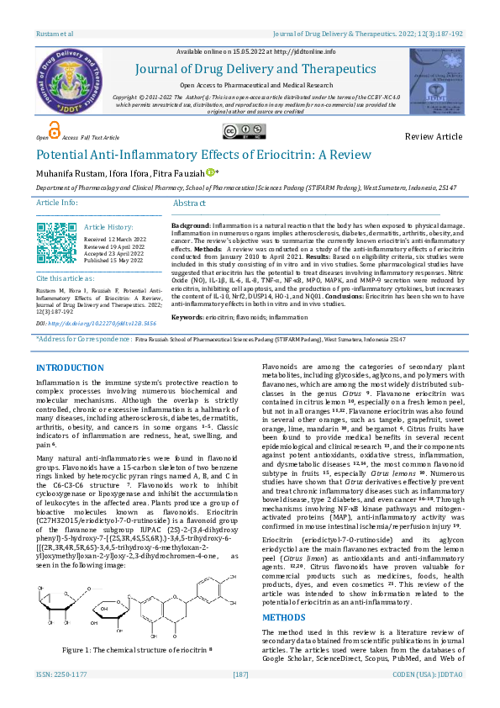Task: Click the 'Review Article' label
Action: [434, 136]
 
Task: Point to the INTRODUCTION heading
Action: [70, 368]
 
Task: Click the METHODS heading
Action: [283, 593]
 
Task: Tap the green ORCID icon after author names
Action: [211, 172]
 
